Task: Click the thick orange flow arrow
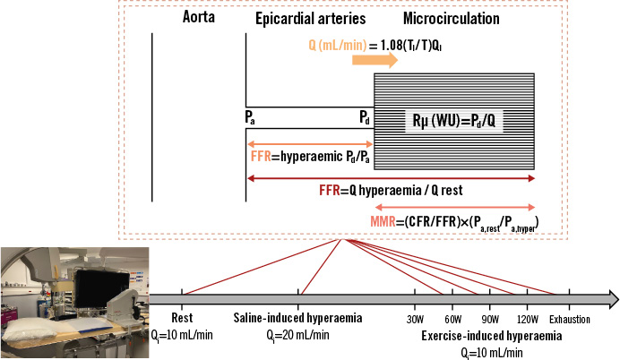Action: click(375, 59)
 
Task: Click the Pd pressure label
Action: click(366, 116)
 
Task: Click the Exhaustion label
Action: click(570, 317)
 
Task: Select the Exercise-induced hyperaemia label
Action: click(491, 336)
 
